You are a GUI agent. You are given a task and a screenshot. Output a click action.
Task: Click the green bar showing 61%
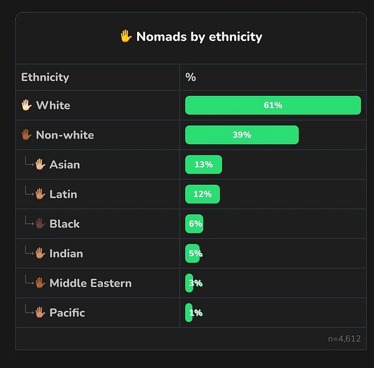point(273,105)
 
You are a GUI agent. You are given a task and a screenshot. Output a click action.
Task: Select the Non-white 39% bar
point(242,135)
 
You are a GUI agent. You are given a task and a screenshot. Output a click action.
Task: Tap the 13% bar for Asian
point(203,164)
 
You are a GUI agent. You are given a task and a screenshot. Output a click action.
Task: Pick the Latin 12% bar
point(202,194)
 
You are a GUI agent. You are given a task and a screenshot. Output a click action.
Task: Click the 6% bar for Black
point(194,224)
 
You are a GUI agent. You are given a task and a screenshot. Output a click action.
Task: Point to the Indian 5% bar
point(193,253)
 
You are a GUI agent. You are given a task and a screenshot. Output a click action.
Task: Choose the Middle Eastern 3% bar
point(189,283)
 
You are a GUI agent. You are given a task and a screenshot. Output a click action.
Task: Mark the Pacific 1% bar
point(188,313)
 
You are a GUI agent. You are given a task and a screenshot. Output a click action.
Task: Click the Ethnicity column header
point(45,77)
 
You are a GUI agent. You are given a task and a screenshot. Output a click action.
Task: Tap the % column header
point(191,77)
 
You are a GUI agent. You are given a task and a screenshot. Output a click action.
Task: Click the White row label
point(53,105)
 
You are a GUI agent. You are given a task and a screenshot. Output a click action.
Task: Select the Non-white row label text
point(65,135)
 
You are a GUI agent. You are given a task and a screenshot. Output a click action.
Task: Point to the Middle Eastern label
point(90,283)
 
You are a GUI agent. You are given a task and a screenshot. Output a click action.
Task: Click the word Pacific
point(67,313)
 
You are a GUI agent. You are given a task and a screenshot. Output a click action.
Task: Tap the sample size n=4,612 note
point(344,339)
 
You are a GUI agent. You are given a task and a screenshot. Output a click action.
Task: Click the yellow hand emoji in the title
point(125,37)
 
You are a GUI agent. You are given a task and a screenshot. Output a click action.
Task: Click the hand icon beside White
point(26,105)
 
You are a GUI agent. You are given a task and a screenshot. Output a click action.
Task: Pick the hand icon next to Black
point(41,224)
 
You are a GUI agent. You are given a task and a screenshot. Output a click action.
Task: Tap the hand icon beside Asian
point(41,164)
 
